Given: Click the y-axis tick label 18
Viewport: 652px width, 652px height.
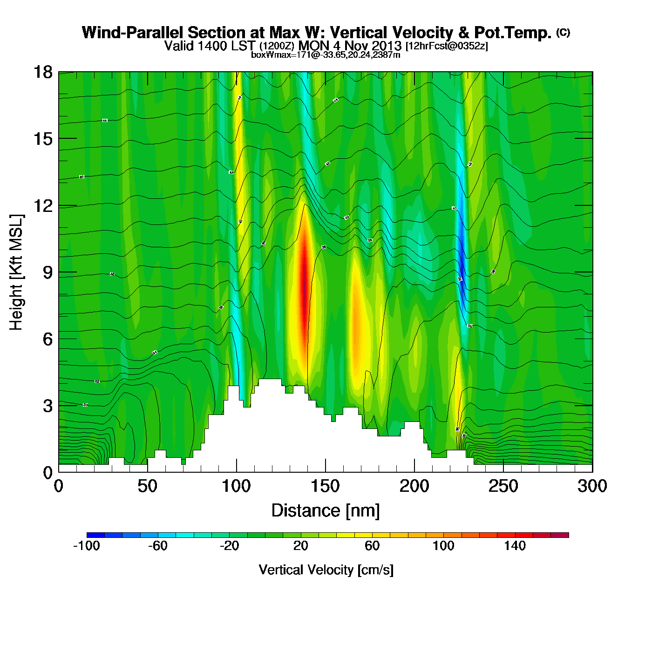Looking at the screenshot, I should click(42, 72).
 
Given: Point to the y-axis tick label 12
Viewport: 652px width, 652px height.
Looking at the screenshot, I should click(42, 205).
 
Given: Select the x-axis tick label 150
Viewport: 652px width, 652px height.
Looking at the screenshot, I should click(325, 487).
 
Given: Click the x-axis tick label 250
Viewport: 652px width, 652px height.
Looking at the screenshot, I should click(503, 487).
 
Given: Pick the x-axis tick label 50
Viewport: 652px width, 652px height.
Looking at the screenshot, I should click(147, 487).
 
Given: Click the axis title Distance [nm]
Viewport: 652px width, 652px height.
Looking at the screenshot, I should click(326, 511).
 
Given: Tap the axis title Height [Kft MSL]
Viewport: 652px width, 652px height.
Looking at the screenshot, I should click(17, 272).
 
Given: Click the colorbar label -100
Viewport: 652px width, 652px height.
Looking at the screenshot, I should click(87, 546).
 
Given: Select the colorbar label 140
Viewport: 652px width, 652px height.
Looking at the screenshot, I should click(515, 546).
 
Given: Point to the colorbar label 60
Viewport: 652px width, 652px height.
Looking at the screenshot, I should click(372, 546).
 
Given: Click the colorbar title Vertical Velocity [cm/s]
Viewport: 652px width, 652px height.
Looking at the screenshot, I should click(326, 570).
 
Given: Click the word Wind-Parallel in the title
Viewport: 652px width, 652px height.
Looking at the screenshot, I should click(132, 33).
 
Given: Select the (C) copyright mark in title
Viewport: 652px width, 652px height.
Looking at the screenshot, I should click(563, 32).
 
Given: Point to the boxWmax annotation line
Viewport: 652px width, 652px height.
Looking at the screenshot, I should click(326, 54).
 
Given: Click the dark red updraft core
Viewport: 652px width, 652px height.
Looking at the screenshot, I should click(304, 289).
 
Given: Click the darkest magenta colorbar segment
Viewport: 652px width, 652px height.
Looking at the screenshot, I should click(560, 535).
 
